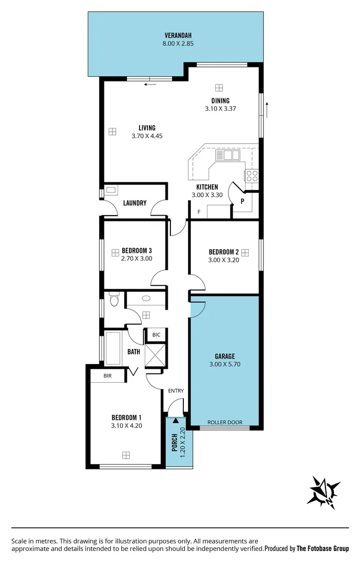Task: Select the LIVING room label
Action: [x=147, y=128]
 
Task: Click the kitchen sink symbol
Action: [x=227, y=155]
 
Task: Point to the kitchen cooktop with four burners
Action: [x=251, y=175]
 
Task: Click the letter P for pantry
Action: [x=242, y=201]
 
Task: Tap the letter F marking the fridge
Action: [x=199, y=211]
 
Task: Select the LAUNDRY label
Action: [x=135, y=203]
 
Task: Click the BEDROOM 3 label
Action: [x=136, y=250]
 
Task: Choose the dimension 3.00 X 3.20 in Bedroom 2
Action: [x=223, y=260]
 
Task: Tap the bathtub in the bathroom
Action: [x=113, y=348]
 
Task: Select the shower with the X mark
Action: [x=156, y=355]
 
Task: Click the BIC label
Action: [x=156, y=335]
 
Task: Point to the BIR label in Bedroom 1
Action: [x=108, y=375]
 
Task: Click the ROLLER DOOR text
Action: [x=225, y=422]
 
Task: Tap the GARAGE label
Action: [x=224, y=357]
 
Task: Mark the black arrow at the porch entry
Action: [x=176, y=419]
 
